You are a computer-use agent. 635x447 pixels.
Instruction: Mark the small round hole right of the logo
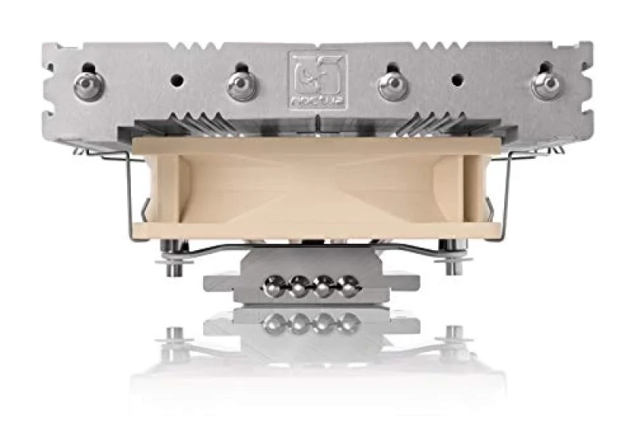[456, 79]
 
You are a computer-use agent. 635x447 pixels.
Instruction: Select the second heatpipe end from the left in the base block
[301, 287]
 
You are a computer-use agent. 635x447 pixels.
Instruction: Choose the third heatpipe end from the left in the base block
[324, 287]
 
